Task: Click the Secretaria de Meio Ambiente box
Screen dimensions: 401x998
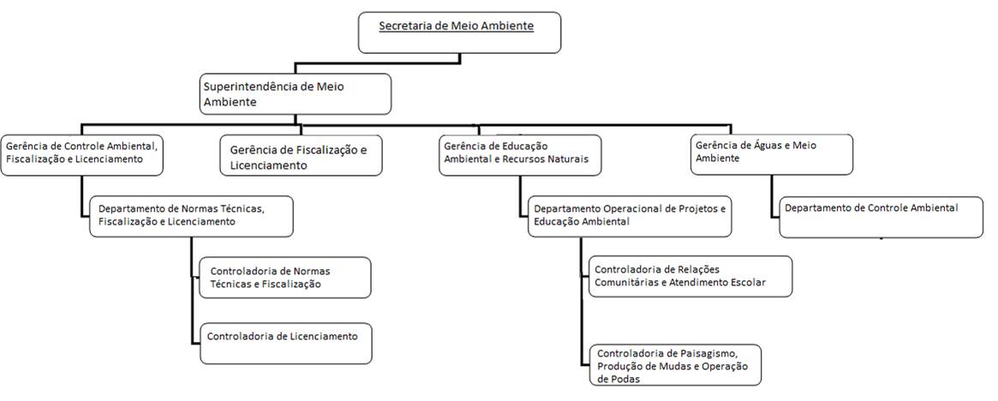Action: (459, 32)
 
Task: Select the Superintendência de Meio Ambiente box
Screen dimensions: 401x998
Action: (296, 93)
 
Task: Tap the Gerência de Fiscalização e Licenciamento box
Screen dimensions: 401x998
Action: (301, 156)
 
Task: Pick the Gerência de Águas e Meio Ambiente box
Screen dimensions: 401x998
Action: (772, 154)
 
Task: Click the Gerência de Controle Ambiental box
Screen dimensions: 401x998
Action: (82, 154)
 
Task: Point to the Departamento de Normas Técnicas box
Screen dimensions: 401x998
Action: (191, 216)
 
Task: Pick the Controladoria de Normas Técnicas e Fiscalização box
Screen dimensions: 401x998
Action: (284, 278)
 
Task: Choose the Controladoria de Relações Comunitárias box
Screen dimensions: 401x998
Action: (690, 276)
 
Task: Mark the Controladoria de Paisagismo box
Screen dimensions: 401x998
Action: (675, 366)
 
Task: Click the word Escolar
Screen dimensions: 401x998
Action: (744, 282)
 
